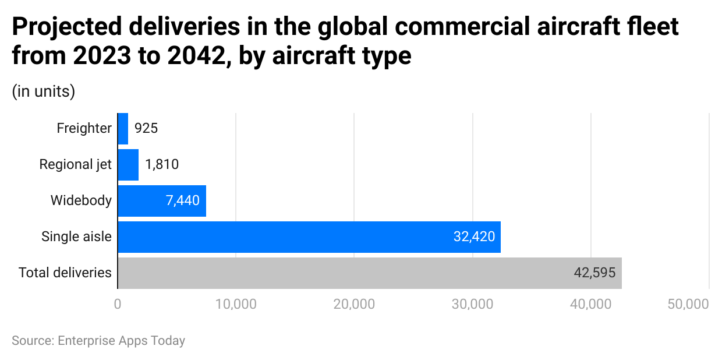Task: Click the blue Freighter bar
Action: pos(123,128)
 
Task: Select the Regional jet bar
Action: pos(128,164)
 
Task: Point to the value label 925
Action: pos(146,128)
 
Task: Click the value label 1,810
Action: pos(162,164)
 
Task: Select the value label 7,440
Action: pos(182,201)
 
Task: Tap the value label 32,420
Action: pos(474,237)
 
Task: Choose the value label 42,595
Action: pos(594,273)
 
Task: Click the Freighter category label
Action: pos(84,128)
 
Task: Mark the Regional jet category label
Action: pos(75,164)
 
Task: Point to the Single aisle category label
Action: pos(76,237)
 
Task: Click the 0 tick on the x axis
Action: pos(118,304)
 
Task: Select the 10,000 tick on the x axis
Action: pos(236,304)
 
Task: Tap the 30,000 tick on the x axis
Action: pos(472,304)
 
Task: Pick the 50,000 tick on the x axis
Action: pos(688,304)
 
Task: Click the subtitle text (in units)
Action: pos(43,91)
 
